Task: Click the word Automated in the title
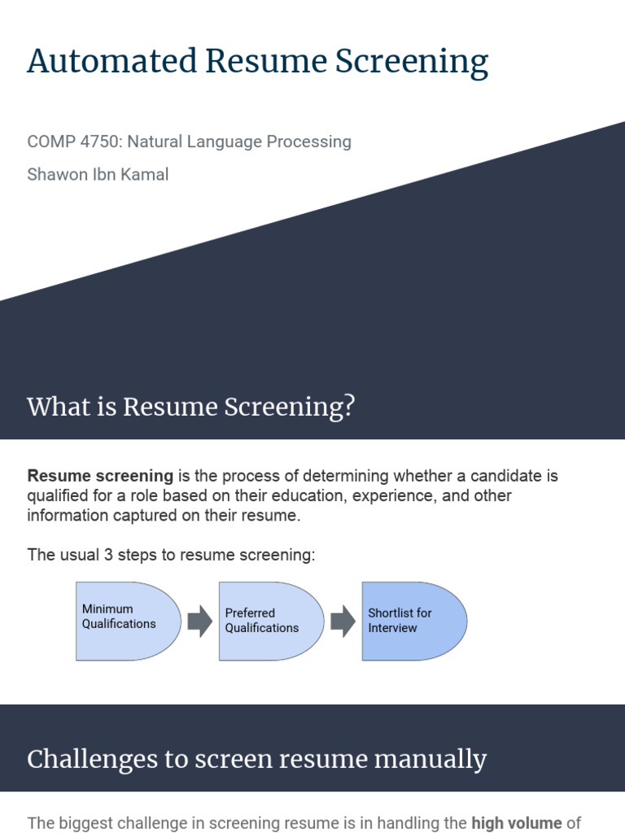(112, 60)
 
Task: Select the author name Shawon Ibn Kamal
(98, 174)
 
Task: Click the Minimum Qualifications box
(128, 621)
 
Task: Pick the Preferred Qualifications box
(271, 621)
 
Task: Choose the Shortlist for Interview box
(414, 621)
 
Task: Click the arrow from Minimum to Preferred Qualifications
(200, 621)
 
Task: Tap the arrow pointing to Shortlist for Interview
(343, 621)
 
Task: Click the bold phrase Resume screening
(100, 475)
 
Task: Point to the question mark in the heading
(349, 407)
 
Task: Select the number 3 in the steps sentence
(108, 555)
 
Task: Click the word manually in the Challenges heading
(431, 760)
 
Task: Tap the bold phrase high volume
(517, 823)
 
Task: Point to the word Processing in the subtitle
(308, 142)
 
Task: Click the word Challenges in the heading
(93, 760)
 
